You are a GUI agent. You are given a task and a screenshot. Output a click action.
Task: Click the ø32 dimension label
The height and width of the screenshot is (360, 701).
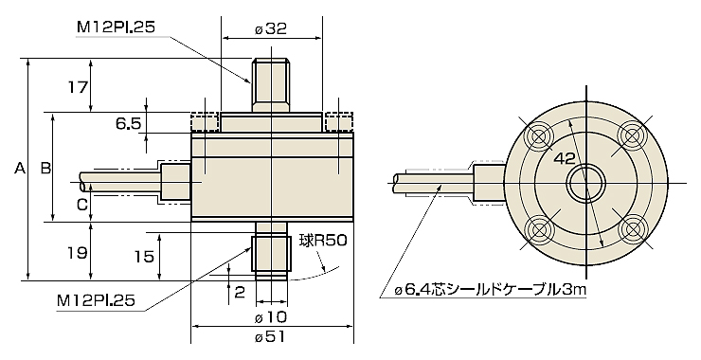271,28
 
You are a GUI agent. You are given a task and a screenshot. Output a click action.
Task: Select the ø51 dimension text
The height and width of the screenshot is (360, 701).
270,336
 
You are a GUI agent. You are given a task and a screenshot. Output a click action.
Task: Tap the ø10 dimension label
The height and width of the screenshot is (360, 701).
270,317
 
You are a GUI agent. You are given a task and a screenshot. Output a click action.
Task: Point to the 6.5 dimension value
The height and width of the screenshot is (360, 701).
129,123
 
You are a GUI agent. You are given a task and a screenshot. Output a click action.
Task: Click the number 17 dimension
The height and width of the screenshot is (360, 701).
77,87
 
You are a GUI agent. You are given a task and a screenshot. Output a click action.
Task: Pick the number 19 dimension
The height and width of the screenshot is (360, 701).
77,253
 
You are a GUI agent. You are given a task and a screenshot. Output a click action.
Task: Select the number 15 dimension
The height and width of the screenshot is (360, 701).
144,256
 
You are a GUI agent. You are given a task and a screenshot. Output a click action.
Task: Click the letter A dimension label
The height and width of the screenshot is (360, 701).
19,168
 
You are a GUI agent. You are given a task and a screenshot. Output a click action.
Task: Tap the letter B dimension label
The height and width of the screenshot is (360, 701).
45,168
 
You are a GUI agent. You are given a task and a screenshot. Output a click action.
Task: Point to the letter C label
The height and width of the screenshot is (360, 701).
81,205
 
